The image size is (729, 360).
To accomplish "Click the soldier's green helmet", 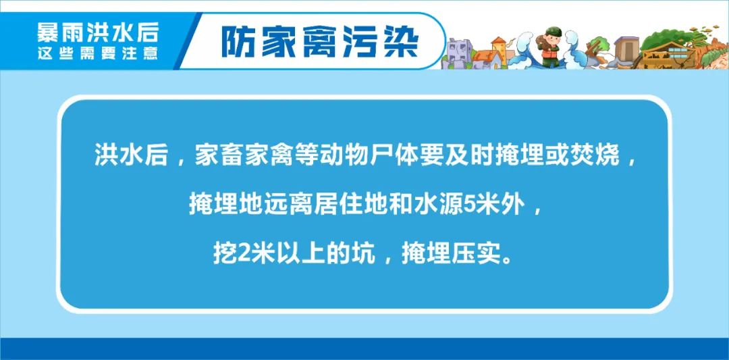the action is [553, 32].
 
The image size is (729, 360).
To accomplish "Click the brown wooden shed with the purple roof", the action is [626, 49].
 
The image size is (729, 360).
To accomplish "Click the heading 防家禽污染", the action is [320, 41].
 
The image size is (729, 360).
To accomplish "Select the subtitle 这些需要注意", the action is [97, 53].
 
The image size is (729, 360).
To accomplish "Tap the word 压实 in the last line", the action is [477, 253].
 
